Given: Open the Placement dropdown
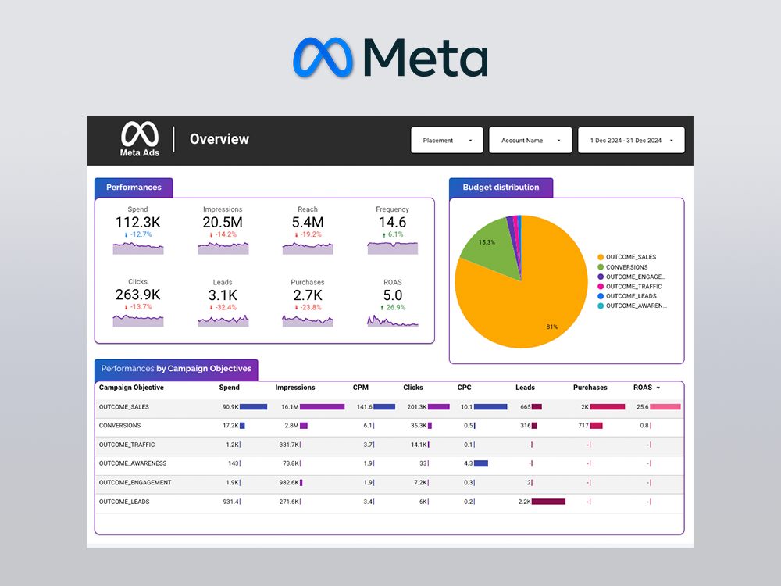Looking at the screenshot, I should point(448,141).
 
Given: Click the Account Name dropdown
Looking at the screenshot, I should point(530,141).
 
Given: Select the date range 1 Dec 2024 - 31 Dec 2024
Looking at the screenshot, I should point(630,141).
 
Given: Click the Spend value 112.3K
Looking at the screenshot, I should point(137,223).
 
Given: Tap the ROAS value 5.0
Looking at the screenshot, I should point(392,295).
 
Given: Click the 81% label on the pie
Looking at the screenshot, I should point(551,327).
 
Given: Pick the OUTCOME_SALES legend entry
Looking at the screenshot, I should point(630,257).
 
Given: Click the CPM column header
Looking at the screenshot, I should point(361,388).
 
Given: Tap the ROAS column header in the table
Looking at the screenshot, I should point(643,388).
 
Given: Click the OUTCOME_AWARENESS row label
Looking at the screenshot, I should point(133,463).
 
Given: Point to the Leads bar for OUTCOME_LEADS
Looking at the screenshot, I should point(548,502).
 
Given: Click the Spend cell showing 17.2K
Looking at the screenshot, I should point(230,426).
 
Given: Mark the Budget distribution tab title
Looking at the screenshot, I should point(501,188).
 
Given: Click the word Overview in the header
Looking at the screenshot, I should point(219,140).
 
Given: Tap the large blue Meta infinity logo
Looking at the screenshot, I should point(323,58).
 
